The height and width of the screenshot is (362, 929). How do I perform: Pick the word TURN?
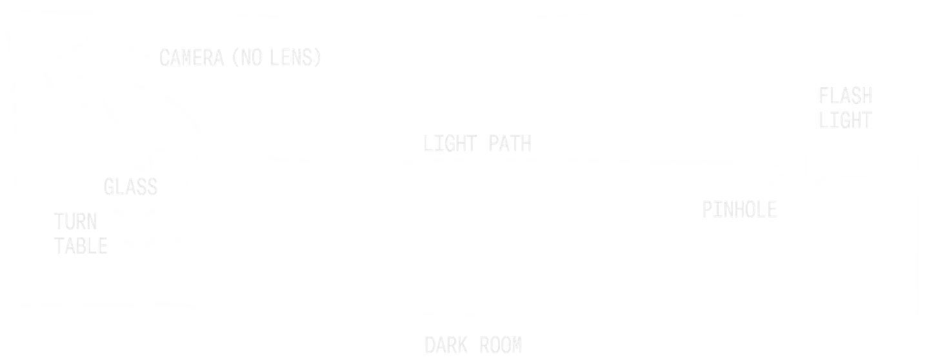pos(76,223)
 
